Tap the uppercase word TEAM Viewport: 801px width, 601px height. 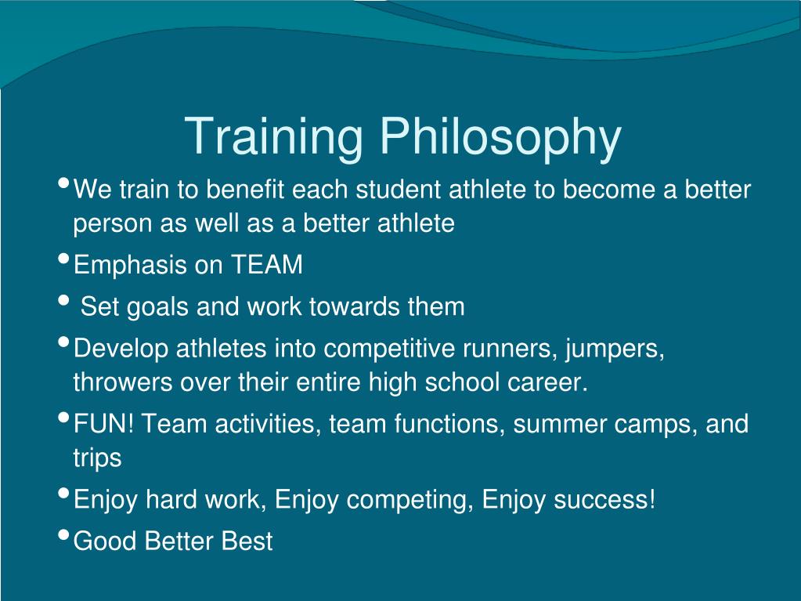[266, 265]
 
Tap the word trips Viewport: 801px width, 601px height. [97, 458]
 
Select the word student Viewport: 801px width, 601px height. [400, 190]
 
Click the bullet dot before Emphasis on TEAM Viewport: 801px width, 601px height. [63, 260]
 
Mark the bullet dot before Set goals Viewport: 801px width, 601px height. [63, 301]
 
